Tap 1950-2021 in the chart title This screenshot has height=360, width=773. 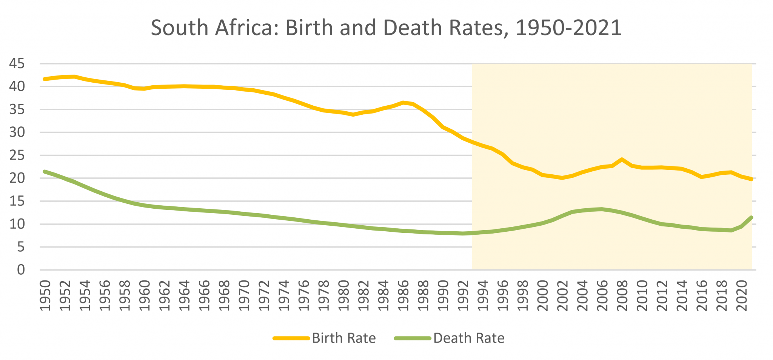click(568, 28)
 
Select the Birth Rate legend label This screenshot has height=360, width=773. click(344, 338)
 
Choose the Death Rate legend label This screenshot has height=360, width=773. click(469, 338)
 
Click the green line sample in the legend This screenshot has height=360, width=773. click(413, 338)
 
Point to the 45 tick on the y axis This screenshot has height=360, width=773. click(17, 64)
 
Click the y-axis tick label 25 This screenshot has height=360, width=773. click(17, 155)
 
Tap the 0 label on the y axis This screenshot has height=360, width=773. click(21, 270)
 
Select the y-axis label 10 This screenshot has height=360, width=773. click(17, 224)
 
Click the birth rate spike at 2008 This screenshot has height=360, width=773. click(622, 159)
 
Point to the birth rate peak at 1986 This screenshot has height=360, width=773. click(403, 102)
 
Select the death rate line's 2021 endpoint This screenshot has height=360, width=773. click(751, 217)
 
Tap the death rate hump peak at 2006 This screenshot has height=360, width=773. click(602, 209)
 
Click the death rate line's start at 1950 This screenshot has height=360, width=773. click(45, 171)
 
